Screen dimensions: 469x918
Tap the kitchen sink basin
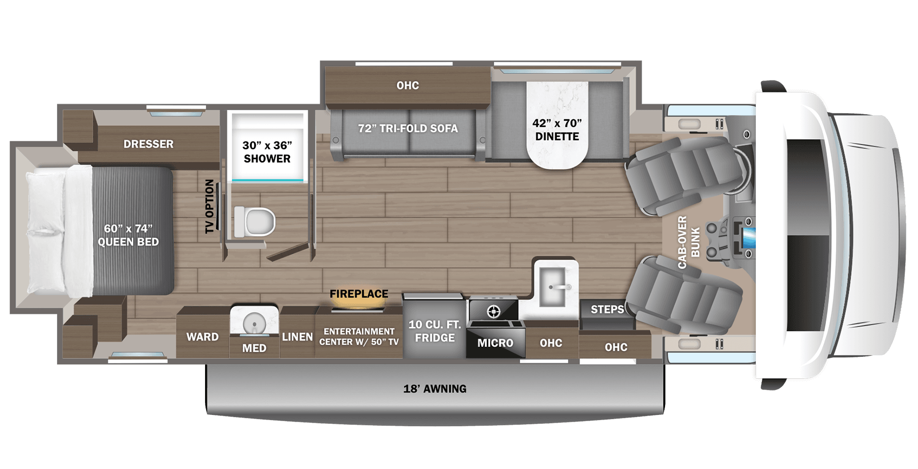pyautogui.click(x=552, y=286)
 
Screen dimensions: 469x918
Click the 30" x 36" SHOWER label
pyautogui.click(x=267, y=152)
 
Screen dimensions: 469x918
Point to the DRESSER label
pyautogui.click(x=148, y=144)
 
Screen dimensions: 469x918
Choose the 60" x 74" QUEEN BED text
pyautogui.click(x=128, y=235)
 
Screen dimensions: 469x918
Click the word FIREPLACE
pyautogui.click(x=359, y=294)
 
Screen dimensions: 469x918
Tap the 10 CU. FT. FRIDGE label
pyautogui.click(x=435, y=331)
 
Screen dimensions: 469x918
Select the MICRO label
pyautogui.click(x=495, y=343)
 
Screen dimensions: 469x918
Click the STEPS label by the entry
pyautogui.click(x=607, y=309)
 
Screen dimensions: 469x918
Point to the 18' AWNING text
pyautogui.click(x=435, y=389)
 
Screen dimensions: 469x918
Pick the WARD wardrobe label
pyautogui.click(x=202, y=337)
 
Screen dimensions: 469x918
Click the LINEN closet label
pyautogui.click(x=297, y=337)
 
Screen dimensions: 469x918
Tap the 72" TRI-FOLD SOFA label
pyautogui.click(x=408, y=128)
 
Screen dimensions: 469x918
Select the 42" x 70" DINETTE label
pyautogui.click(x=557, y=129)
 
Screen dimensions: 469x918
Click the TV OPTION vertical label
pyautogui.click(x=210, y=206)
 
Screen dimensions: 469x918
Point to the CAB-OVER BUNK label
pyautogui.click(x=688, y=242)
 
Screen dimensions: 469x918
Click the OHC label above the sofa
pyautogui.click(x=407, y=86)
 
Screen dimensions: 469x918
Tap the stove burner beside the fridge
pyautogui.click(x=493, y=310)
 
